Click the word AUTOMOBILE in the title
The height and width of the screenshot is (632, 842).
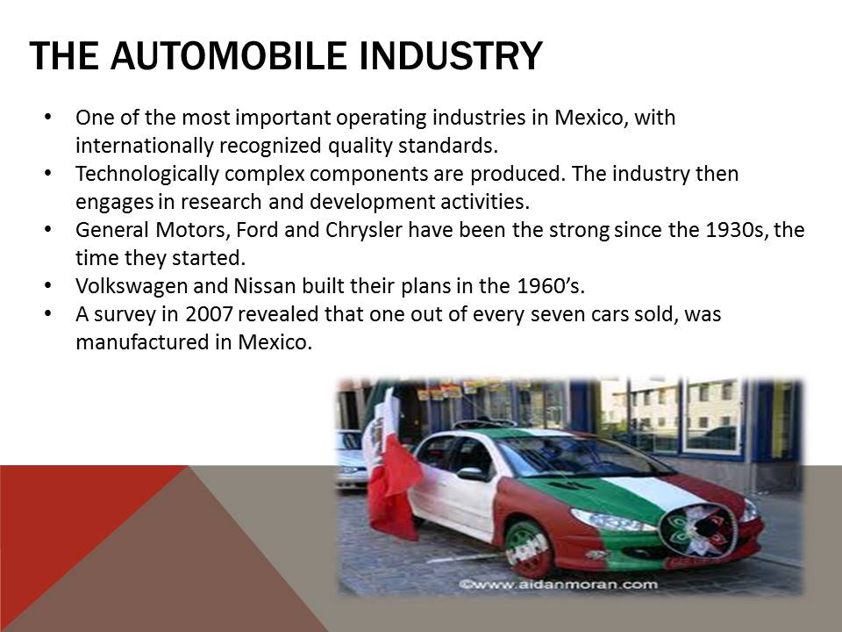[x=228, y=55]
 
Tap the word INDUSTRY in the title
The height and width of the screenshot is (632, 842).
[x=451, y=55]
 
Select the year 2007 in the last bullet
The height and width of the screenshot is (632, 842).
[x=209, y=314]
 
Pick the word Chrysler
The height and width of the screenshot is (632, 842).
[x=363, y=231]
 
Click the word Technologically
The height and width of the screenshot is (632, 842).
[x=147, y=175]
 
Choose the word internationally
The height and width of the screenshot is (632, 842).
[x=144, y=147]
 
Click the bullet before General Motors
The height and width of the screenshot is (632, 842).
[x=48, y=229]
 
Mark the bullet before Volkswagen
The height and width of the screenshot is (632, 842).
[x=48, y=285]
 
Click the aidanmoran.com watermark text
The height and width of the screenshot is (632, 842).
[x=559, y=585]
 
